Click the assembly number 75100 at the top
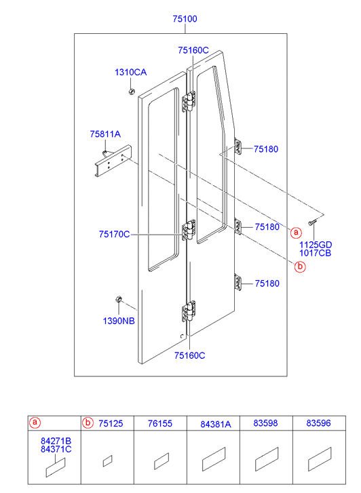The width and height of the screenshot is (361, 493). click(185, 19)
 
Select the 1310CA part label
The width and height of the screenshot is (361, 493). click(130, 73)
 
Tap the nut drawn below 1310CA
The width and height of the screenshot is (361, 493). click(131, 92)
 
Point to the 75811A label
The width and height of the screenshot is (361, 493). click(105, 134)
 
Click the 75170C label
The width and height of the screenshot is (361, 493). click(114, 234)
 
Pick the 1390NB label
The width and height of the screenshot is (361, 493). click(119, 321)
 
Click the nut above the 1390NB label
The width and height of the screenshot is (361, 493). click(119, 299)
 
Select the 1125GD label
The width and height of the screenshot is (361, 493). click(316, 245)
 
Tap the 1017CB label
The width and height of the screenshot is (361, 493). click(315, 253)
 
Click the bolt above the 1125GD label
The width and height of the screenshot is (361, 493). click(311, 223)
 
